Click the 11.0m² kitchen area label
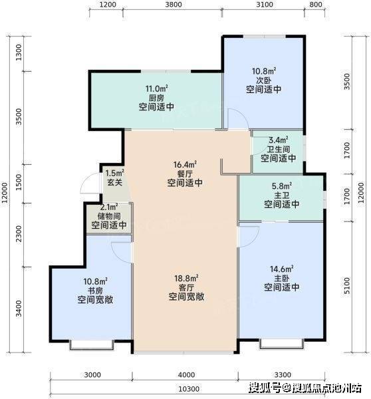click(x=156, y=88)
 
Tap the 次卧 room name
click(x=263, y=80)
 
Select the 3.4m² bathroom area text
click(x=279, y=140)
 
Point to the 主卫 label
click(x=281, y=195)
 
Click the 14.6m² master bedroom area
click(x=281, y=269)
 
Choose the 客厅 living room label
click(x=186, y=287)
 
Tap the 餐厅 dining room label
click(x=185, y=174)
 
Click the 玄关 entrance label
click(x=115, y=182)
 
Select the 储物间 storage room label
click(x=109, y=216)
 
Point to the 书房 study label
click(x=95, y=291)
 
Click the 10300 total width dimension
click(x=189, y=389)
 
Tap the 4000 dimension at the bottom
click(x=186, y=375)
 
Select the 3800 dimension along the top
click(x=174, y=5)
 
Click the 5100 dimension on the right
click(x=347, y=285)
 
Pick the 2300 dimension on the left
click(x=19, y=234)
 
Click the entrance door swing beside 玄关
click(x=89, y=184)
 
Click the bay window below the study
click(x=92, y=344)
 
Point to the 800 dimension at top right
click(x=316, y=5)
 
